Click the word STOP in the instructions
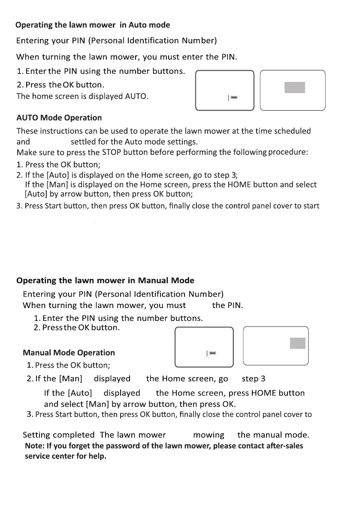coord(112,152)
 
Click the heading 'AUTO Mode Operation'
coord(59,118)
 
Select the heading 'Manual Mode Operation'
coord(69,353)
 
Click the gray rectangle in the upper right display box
coord(294,88)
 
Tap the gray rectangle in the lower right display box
coord(298,343)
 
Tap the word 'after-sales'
coord(284,446)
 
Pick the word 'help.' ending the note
coord(97,456)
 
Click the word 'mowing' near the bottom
coord(209,435)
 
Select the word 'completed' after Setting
coord(76,435)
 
